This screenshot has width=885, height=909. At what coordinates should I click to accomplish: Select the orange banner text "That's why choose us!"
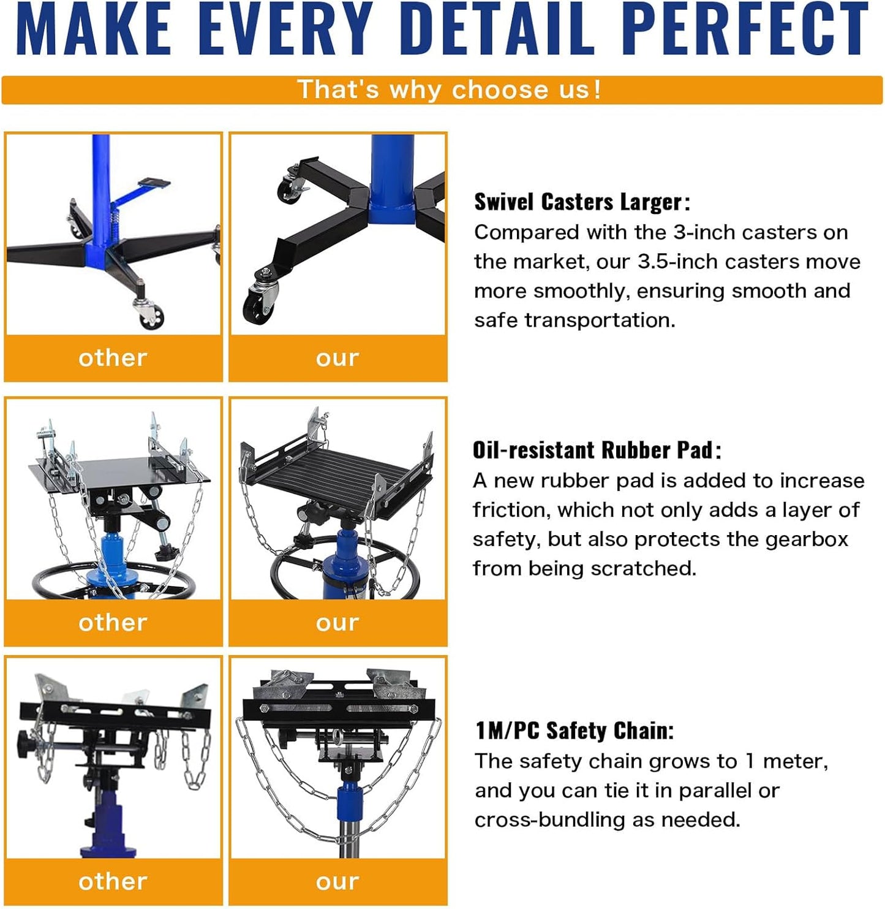pos(449,89)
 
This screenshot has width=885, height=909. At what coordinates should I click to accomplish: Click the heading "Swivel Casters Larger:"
pos(582,202)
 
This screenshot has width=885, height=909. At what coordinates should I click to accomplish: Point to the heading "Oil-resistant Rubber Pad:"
pos(597,451)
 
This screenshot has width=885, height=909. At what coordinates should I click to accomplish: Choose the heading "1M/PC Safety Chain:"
pos(574,731)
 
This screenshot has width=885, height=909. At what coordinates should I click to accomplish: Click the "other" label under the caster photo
pos(113,358)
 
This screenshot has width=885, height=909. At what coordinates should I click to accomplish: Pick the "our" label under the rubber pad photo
pos(337,623)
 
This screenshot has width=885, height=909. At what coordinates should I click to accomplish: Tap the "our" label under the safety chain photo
pos(337,881)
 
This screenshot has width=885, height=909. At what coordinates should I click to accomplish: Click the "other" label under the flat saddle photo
pos(113,623)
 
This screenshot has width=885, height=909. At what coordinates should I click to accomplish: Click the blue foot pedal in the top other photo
pos(153,183)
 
